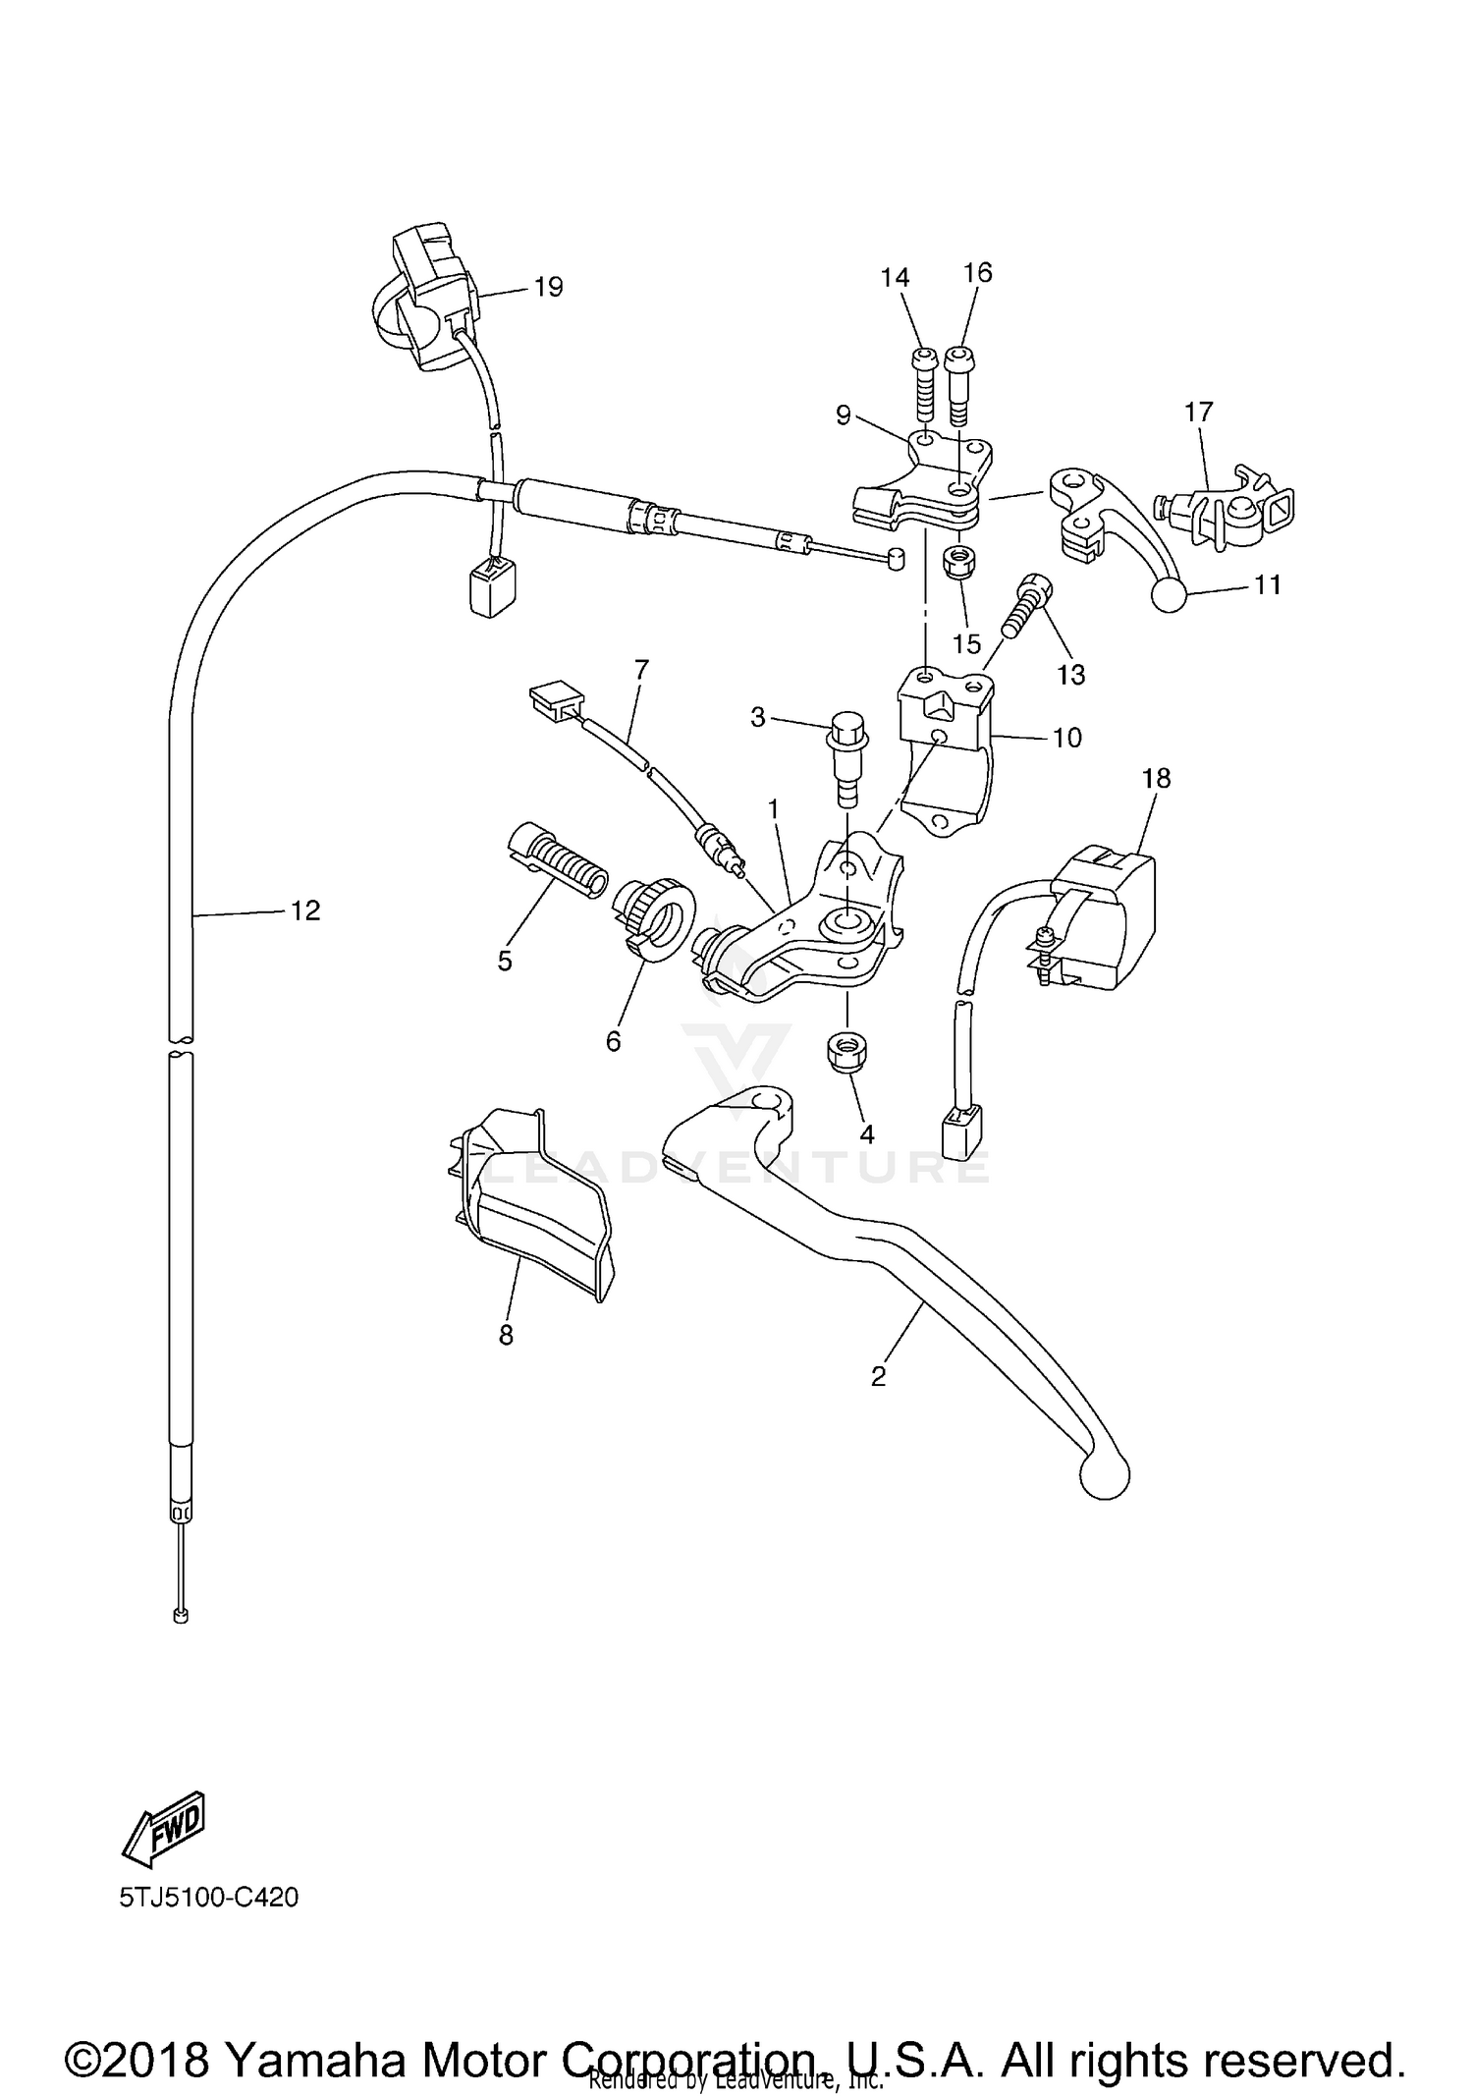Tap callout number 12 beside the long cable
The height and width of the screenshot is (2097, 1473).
point(305,911)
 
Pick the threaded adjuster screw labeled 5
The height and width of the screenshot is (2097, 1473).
point(556,861)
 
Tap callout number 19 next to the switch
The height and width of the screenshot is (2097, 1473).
point(548,287)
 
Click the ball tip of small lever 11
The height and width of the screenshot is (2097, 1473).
point(1169,594)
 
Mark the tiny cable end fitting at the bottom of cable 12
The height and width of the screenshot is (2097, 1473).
point(180,1615)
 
